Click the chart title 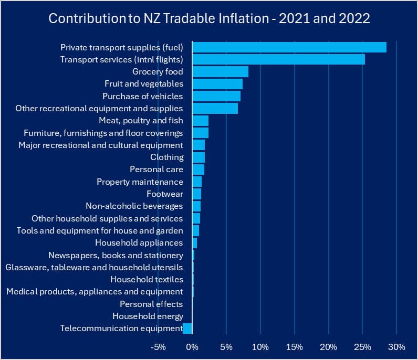point(209,18)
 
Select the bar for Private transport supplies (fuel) point(289,47)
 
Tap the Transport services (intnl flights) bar point(278,59)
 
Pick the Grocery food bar point(220,72)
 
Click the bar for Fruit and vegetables point(217,84)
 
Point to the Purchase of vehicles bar point(216,96)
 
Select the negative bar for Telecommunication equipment point(187,329)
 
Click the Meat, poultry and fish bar point(201,121)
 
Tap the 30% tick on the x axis point(396,347)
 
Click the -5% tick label point(158,347)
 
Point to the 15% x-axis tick point(295,347)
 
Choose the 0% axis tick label point(192,347)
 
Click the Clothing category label point(166,157)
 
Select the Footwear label point(165,194)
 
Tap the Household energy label point(148,316)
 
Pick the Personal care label point(156,170)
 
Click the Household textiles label point(147,280)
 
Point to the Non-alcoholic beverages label point(134,206)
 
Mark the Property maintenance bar point(197,182)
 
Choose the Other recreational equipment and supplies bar point(215,109)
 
